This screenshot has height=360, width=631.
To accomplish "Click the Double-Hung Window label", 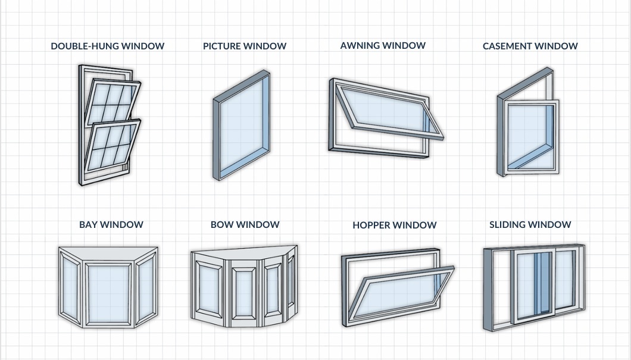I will tap(107, 46).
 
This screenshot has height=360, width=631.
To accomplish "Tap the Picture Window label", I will tap(245, 46).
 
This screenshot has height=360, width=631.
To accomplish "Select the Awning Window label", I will tap(383, 45).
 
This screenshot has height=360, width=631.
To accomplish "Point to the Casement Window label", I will tap(530, 46).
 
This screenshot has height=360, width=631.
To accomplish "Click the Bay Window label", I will tap(111, 224).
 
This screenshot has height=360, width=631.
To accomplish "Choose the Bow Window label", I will tap(245, 224).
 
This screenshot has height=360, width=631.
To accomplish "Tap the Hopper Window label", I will tap(394, 225).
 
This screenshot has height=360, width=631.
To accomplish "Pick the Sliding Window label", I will tap(530, 224).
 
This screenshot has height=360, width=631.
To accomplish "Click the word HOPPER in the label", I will tap(371, 225).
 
